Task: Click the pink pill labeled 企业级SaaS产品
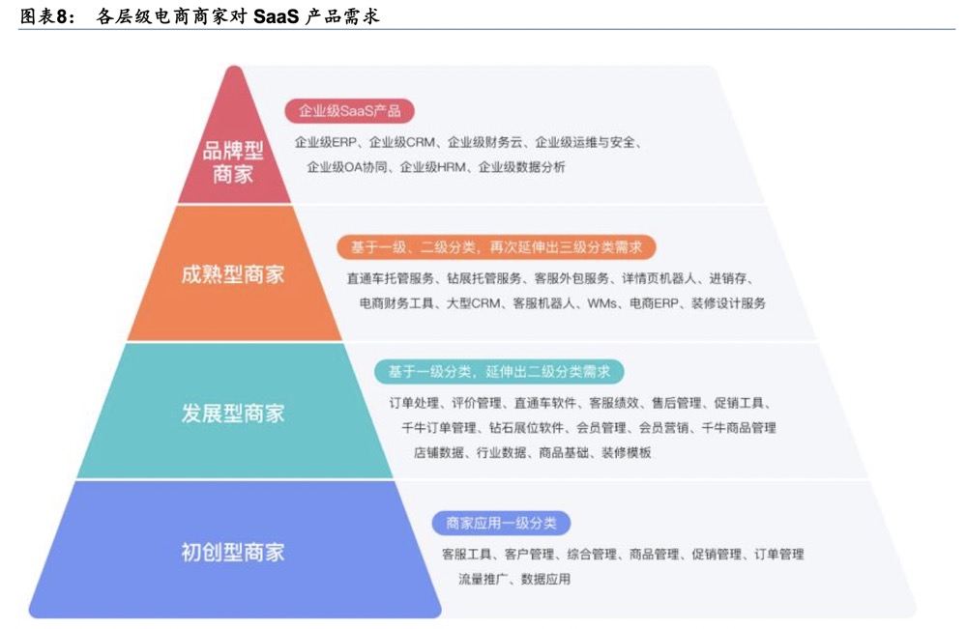[x=349, y=110]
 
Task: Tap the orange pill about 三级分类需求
[x=496, y=247]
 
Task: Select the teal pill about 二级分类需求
[x=498, y=371]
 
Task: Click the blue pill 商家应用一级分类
[x=501, y=523]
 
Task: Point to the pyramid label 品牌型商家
[x=232, y=162]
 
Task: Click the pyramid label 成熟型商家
[x=232, y=274]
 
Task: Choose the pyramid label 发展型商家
[x=232, y=413]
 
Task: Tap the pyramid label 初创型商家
[x=232, y=553]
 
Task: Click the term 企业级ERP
[x=327, y=143]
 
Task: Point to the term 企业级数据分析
[x=522, y=167]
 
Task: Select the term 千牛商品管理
[x=738, y=427]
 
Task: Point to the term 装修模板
[x=626, y=452]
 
